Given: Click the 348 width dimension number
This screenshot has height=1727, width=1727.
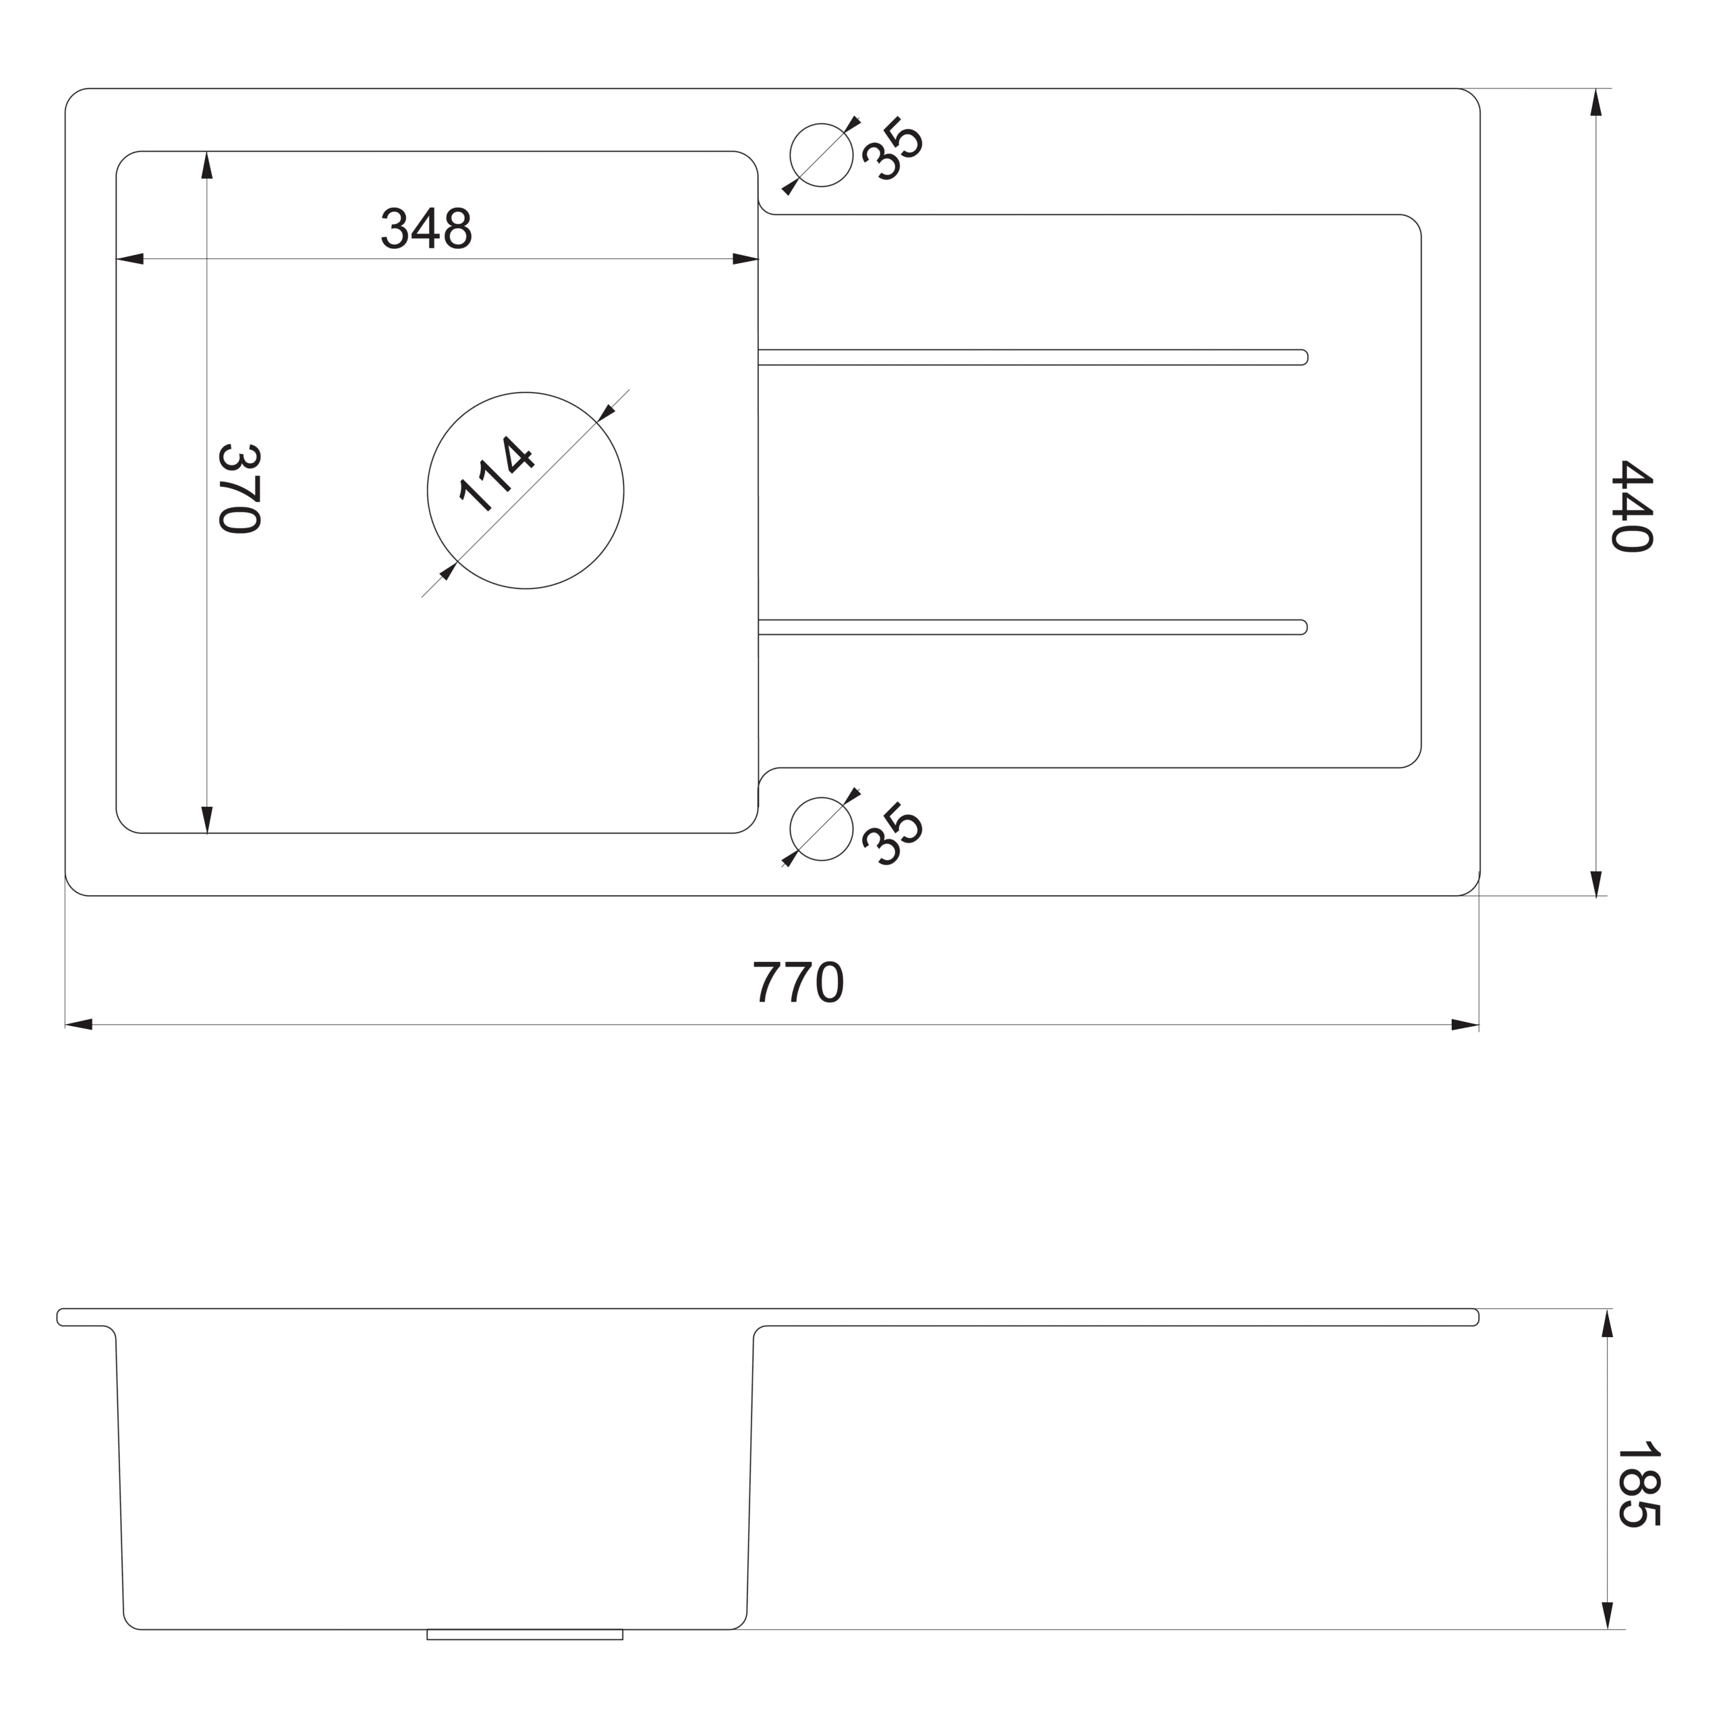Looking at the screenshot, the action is [426, 229].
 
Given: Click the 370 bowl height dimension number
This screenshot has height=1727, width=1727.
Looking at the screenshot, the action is [239, 489].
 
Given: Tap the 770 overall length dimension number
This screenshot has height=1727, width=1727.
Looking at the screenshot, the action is [797, 982].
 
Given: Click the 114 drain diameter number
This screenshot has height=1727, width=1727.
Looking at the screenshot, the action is [496, 475].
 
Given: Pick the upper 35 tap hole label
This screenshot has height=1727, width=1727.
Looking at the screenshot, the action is [892, 148].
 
